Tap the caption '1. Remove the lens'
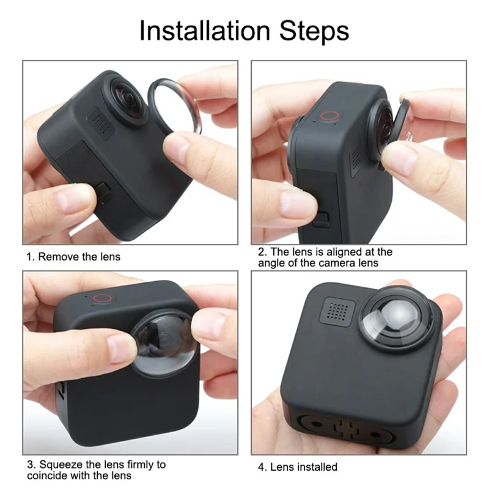(x=73, y=256)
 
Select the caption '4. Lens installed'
(x=297, y=467)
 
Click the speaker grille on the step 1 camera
(x=101, y=120)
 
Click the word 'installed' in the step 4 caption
(x=317, y=467)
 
